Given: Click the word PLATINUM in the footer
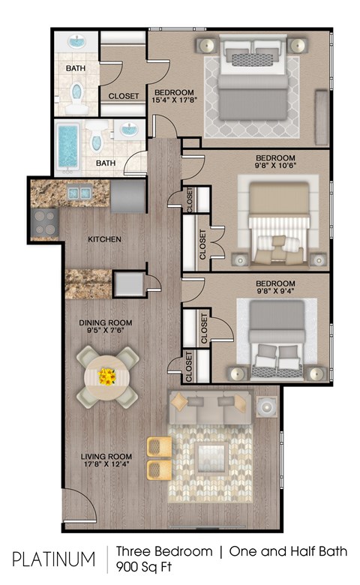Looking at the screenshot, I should (54, 559).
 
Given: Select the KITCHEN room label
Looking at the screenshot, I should (104, 240).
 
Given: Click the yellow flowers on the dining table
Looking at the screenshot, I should (108, 374).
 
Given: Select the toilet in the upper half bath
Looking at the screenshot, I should (76, 91).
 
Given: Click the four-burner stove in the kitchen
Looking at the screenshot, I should (44, 221).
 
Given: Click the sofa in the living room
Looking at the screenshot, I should (210, 409).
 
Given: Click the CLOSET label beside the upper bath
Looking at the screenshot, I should (123, 96).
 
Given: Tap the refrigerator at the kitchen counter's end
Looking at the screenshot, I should (128, 196).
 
